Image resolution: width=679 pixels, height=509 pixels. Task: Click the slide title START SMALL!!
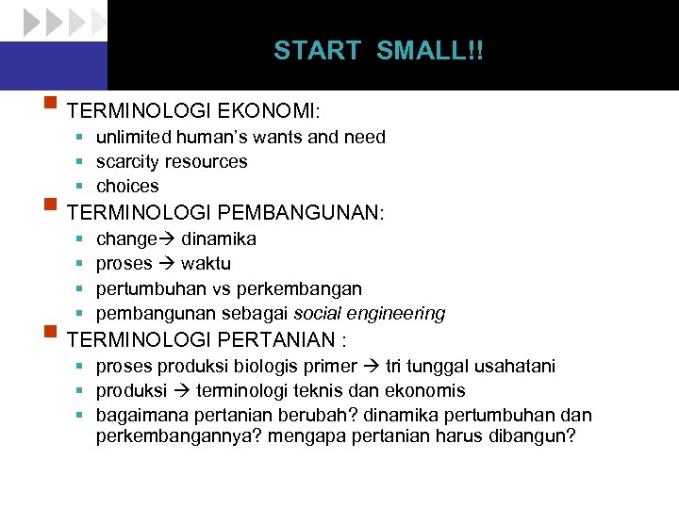click(378, 51)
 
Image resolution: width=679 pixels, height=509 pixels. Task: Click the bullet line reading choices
click(127, 186)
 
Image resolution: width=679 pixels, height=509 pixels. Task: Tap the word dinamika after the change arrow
click(218, 238)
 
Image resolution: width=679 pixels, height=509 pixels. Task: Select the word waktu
click(206, 263)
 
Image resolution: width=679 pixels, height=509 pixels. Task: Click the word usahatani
click(510, 366)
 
